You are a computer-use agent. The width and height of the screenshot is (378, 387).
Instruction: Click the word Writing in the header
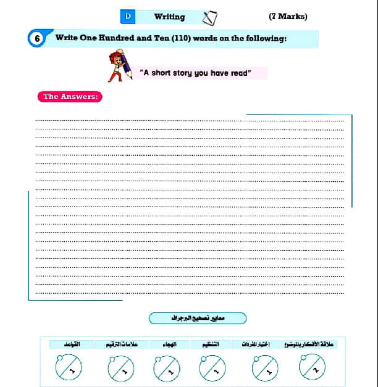click(169, 17)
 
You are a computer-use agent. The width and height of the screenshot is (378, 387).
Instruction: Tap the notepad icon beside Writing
click(209, 17)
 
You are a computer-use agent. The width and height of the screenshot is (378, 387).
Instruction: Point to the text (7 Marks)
click(288, 16)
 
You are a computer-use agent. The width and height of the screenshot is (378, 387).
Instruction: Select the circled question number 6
click(37, 39)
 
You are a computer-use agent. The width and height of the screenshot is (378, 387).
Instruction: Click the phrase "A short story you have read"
click(196, 73)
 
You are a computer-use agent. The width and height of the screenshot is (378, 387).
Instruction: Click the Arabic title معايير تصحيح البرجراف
click(198, 318)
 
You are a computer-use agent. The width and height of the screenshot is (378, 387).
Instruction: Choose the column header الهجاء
click(168, 344)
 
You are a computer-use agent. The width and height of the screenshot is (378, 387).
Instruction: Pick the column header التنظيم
click(213, 344)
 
